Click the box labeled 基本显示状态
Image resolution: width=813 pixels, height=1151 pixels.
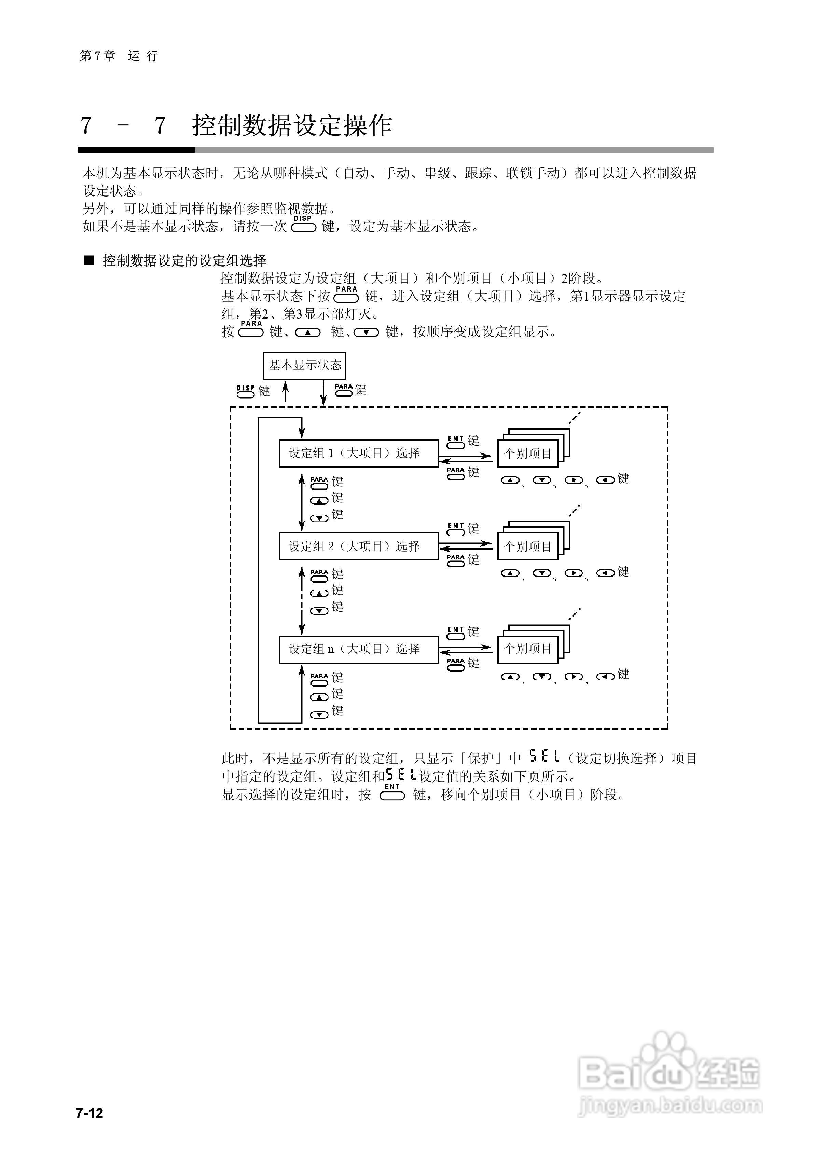tap(304, 365)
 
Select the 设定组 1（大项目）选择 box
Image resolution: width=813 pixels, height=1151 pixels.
tap(358, 453)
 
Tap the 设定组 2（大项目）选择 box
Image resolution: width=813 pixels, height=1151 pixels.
tap(358, 546)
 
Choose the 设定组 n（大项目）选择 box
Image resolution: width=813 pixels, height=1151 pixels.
tap(358, 649)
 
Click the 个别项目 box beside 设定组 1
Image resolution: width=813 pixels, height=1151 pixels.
tap(528, 454)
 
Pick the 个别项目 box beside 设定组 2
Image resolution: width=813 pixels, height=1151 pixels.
tap(528, 546)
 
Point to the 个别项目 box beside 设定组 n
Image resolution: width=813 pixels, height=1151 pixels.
tap(528, 649)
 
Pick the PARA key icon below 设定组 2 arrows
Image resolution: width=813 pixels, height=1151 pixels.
tap(456, 560)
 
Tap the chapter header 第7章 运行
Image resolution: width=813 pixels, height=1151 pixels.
tap(119, 56)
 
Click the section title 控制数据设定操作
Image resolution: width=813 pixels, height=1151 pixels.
tap(292, 125)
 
